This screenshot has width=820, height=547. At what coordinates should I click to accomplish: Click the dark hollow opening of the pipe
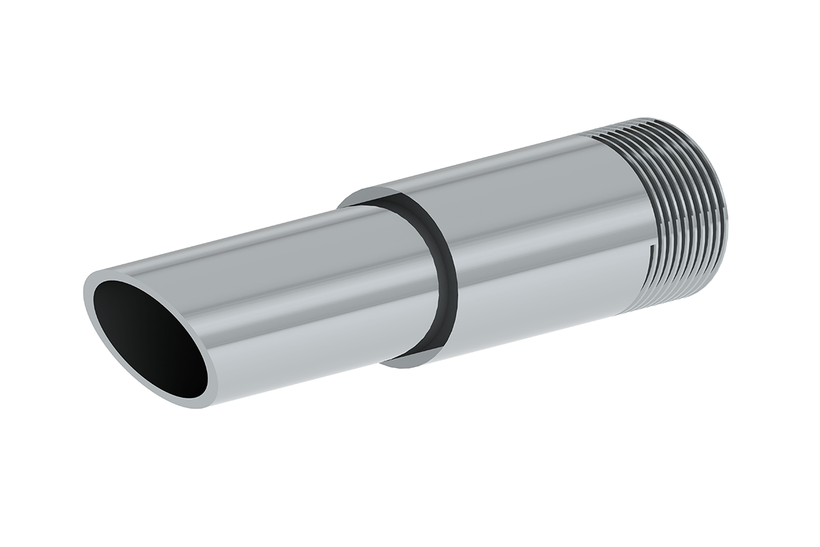tap(150, 338)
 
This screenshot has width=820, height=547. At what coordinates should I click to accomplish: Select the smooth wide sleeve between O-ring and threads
tap(533, 239)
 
